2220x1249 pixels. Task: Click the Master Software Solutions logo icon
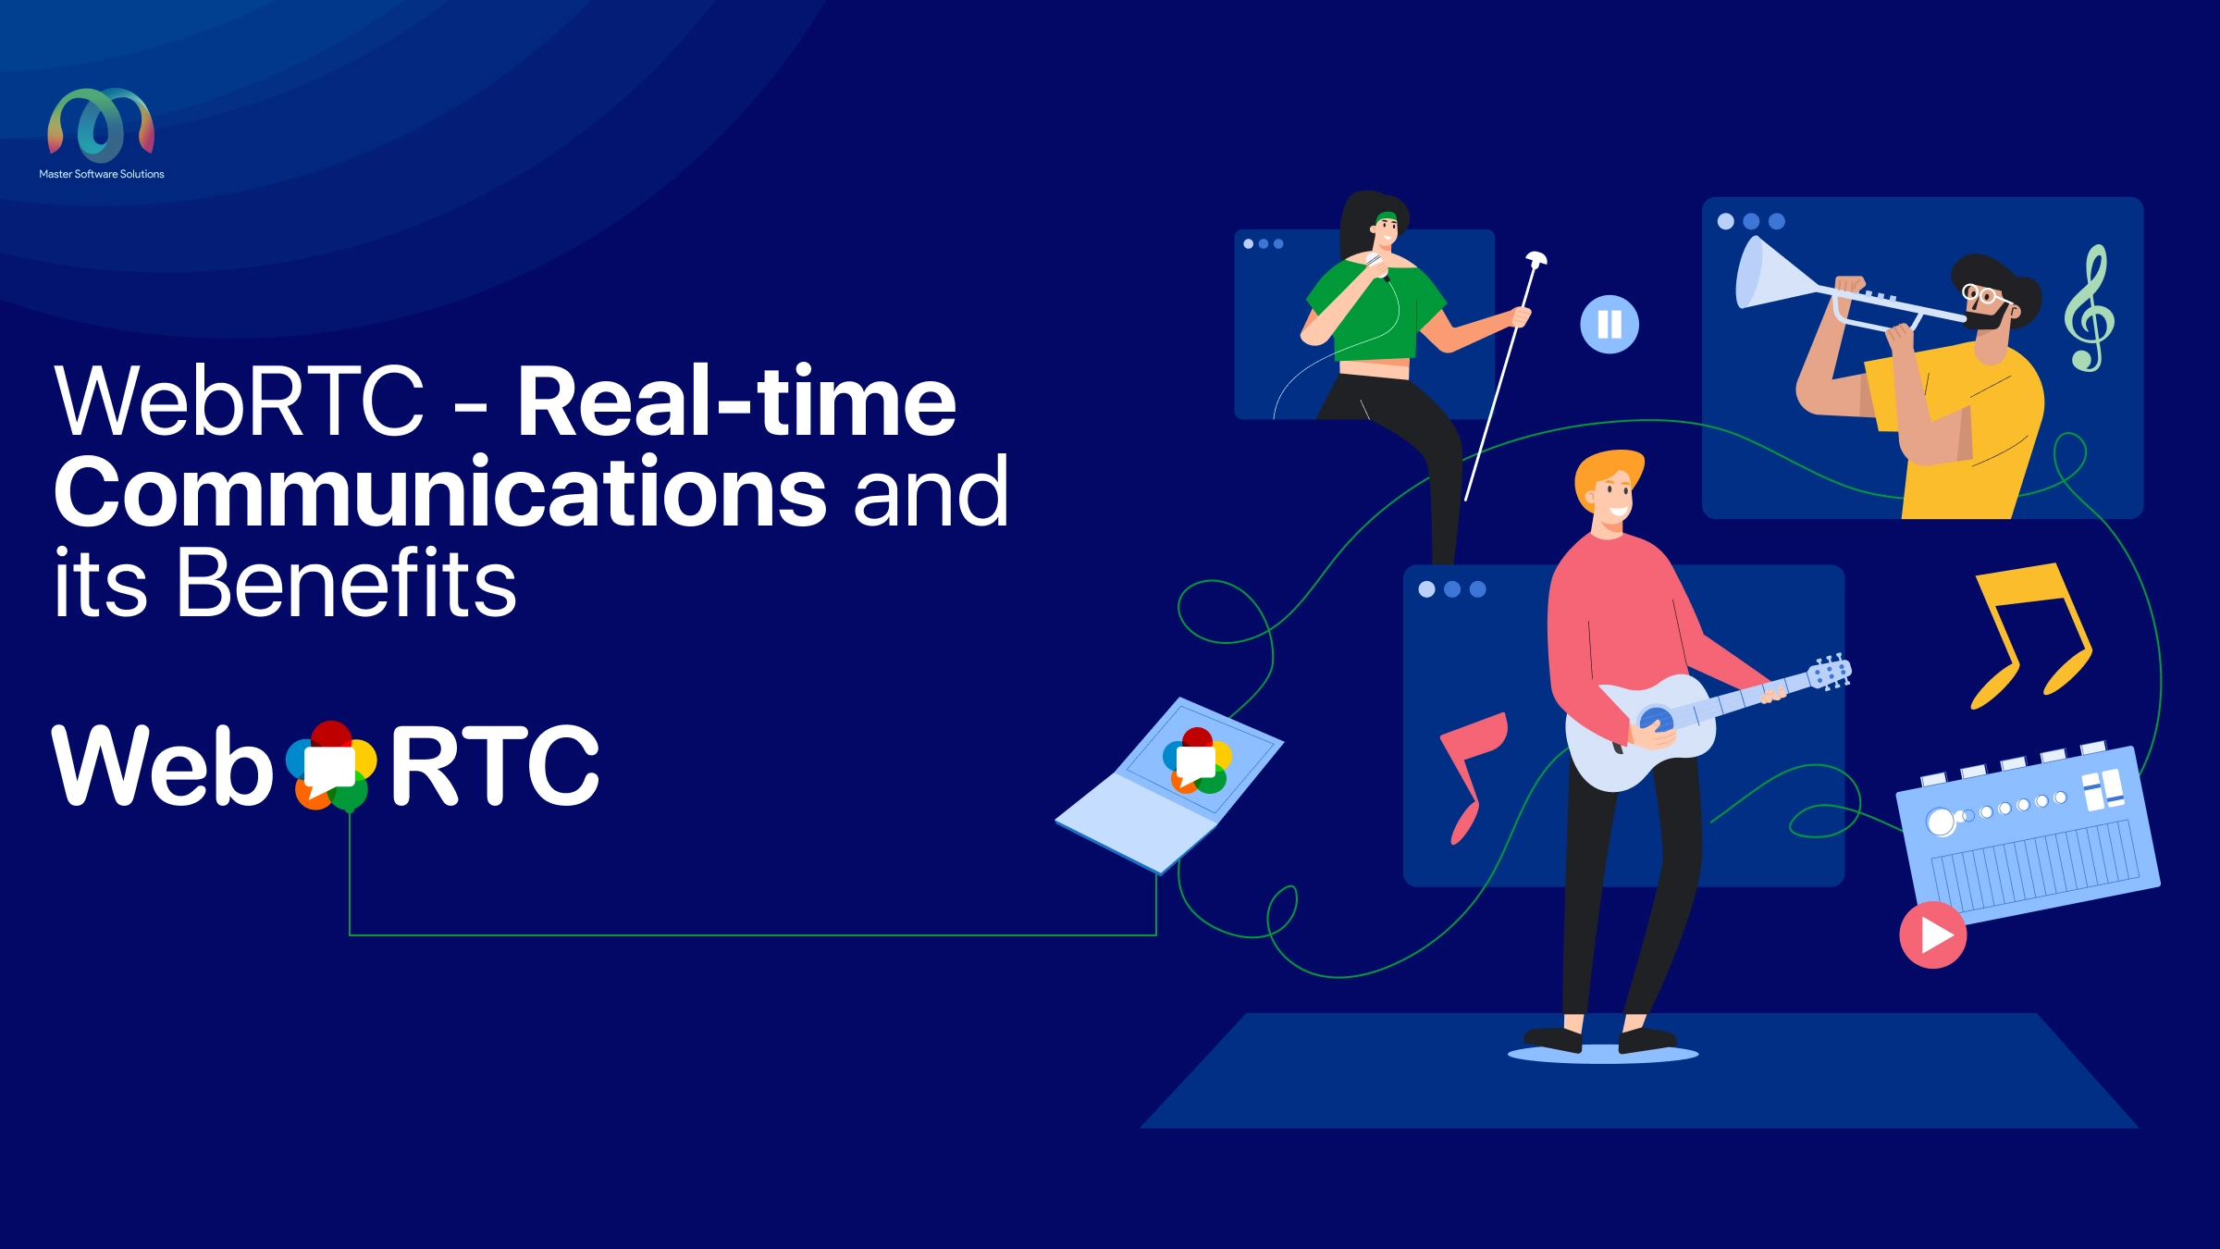point(101,125)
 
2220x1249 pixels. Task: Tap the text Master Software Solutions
point(102,174)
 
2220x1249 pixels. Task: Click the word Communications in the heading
point(440,492)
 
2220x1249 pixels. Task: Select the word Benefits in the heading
point(346,582)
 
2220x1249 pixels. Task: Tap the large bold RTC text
point(495,765)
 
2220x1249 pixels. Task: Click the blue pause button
point(1609,324)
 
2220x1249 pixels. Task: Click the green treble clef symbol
point(2090,309)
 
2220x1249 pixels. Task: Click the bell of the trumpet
point(1762,274)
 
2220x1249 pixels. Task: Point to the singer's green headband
point(1386,218)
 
